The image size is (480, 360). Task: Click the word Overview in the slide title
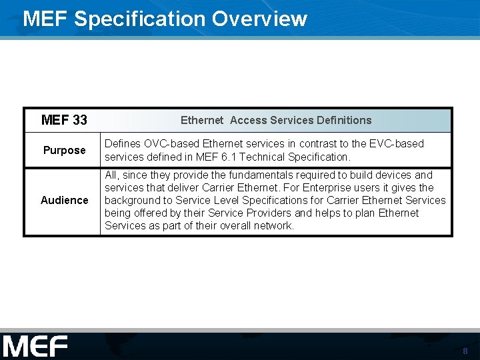[x=259, y=19]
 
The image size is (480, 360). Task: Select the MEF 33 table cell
[x=64, y=120]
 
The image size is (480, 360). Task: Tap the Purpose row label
[x=64, y=150]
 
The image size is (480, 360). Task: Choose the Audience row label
[x=64, y=200]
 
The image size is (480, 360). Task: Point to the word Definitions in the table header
[x=336, y=120]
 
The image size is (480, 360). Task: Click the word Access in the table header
[x=249, y=120]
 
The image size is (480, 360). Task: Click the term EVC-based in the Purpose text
[x=398, y=143]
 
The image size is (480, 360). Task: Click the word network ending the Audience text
[x=273, y=225]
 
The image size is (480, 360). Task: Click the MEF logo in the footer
[x=35, y=347]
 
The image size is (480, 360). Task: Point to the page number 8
[x=465, y=351]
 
